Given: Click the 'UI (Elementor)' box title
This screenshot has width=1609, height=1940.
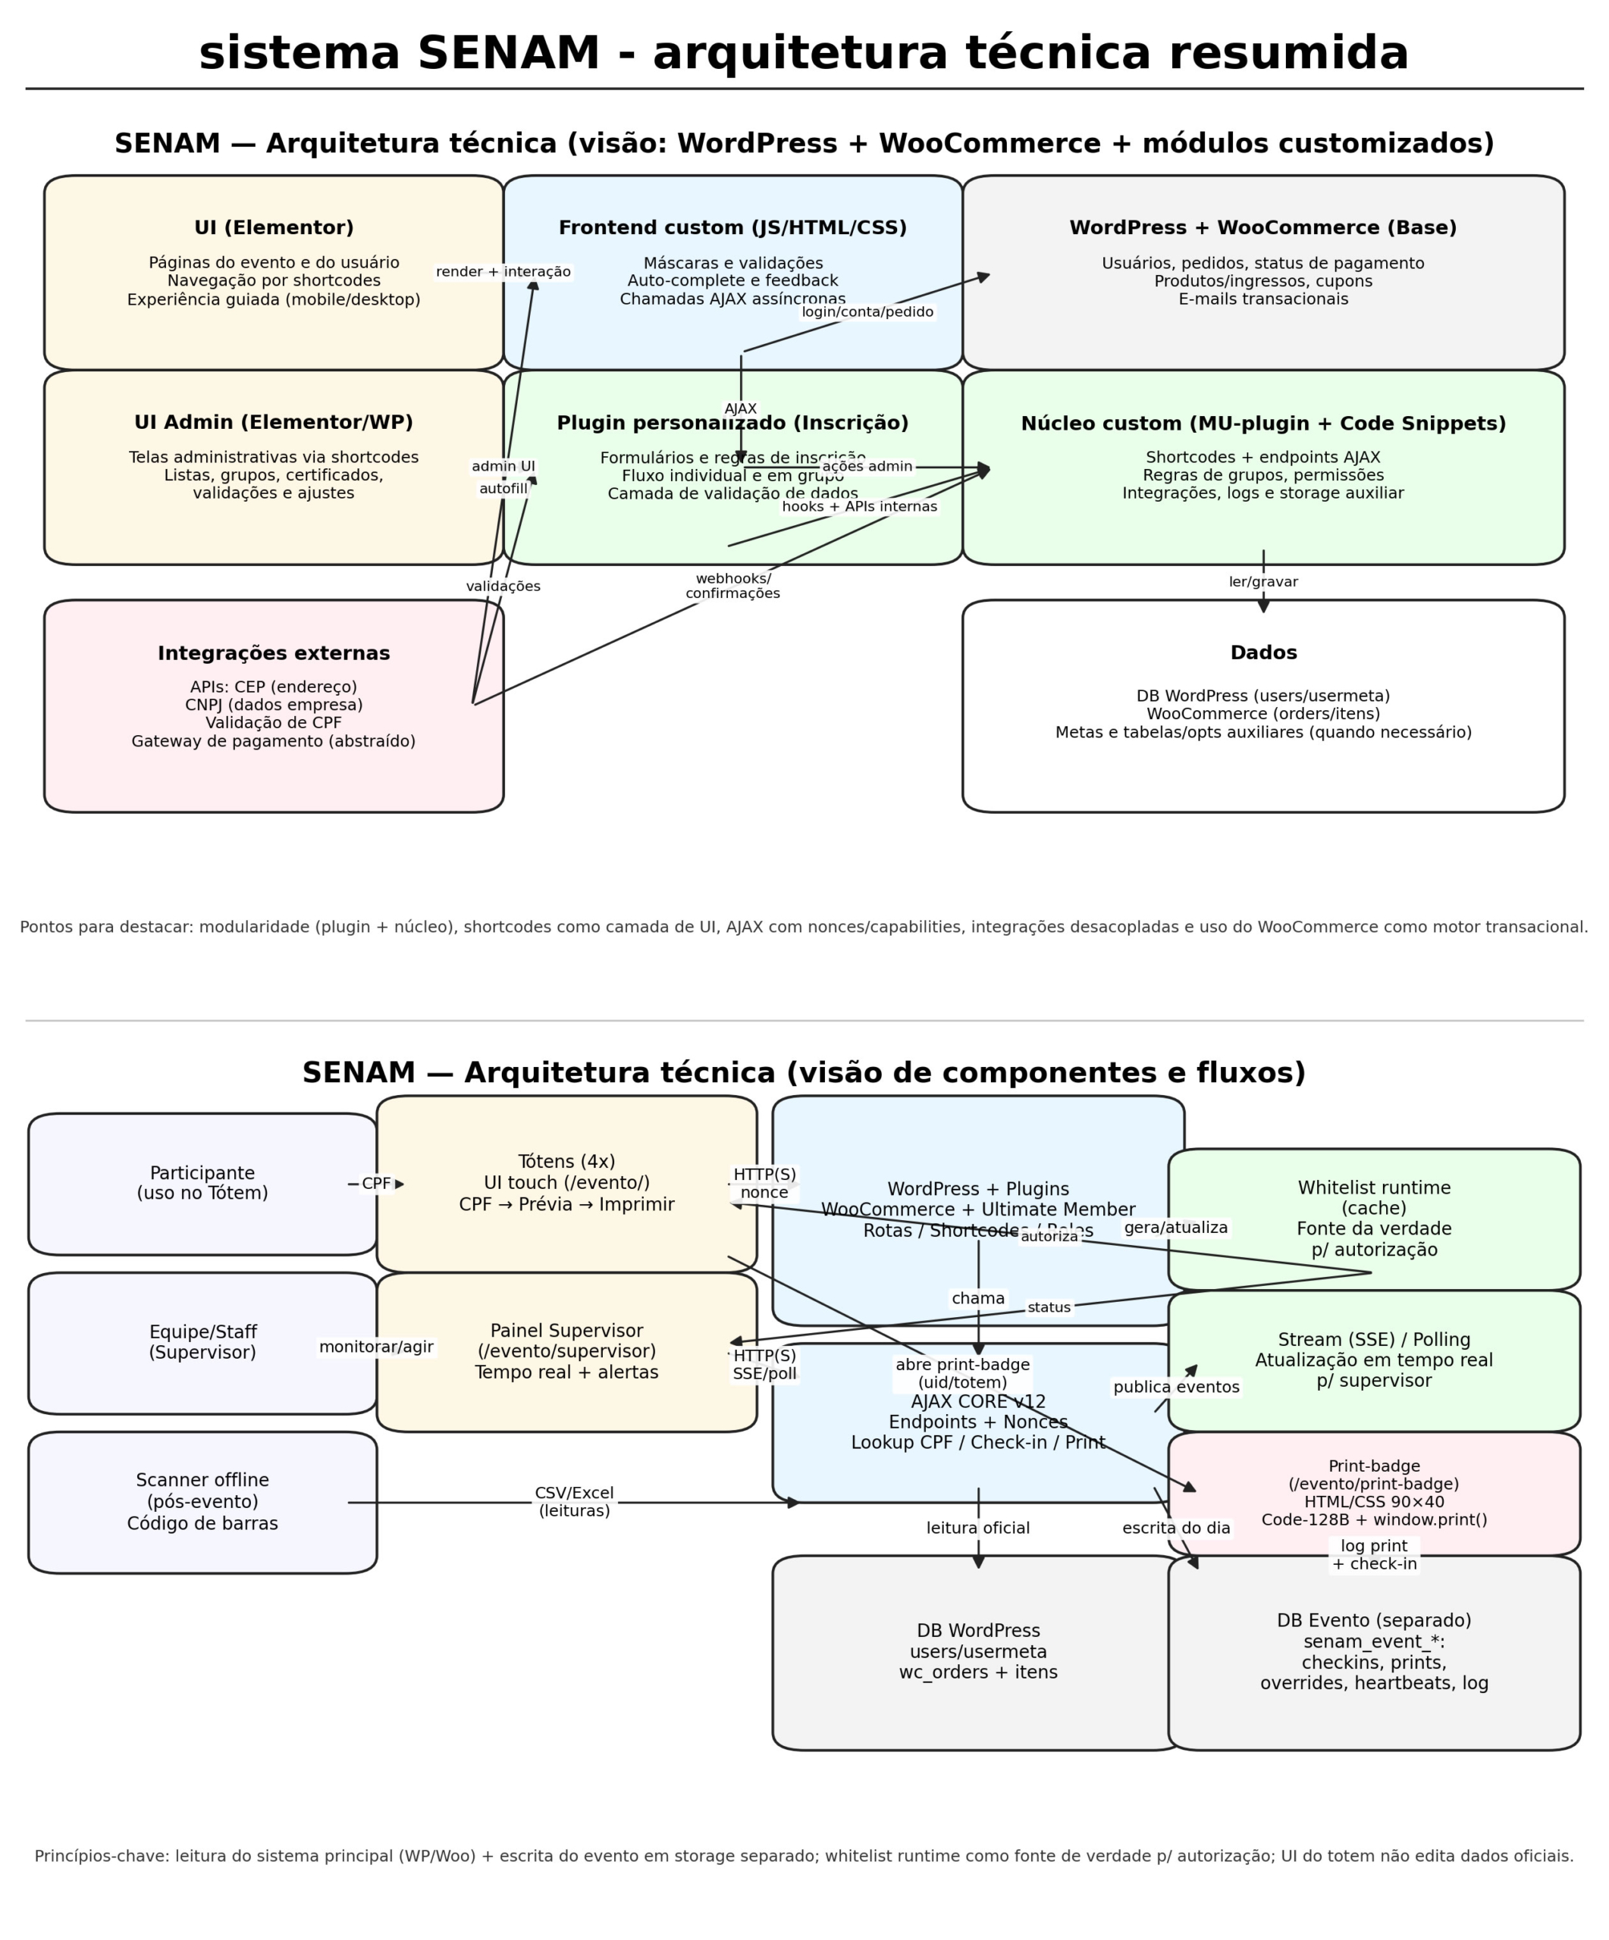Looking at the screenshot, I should [274, 227].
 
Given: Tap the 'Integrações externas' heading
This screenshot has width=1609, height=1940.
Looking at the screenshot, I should [274, 653].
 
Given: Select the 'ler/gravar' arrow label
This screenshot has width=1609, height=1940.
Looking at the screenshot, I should [1262, 582].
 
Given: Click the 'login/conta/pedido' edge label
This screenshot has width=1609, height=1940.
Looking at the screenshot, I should [867, 312].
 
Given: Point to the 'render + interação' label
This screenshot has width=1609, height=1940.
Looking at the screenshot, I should [503, 271].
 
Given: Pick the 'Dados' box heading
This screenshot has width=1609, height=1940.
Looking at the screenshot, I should [1262, 652].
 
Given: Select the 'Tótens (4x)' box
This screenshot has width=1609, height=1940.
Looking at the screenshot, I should [566, 1184].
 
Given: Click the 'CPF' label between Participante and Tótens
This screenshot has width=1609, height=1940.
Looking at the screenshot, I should [375, 1184].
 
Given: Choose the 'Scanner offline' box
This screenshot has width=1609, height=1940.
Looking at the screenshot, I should [202, 1501].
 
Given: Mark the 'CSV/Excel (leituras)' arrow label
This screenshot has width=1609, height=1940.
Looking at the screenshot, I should [574, 1501].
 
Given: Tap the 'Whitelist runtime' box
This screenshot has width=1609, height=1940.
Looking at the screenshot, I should [1373, 1219].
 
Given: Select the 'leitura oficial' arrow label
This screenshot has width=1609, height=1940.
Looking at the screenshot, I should [978, 1528].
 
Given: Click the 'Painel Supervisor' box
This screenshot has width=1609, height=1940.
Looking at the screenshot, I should [566, 1351].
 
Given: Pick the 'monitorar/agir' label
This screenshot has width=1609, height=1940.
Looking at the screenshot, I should [375, 1347].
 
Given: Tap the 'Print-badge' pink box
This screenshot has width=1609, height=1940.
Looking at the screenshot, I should [1373, 1492].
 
